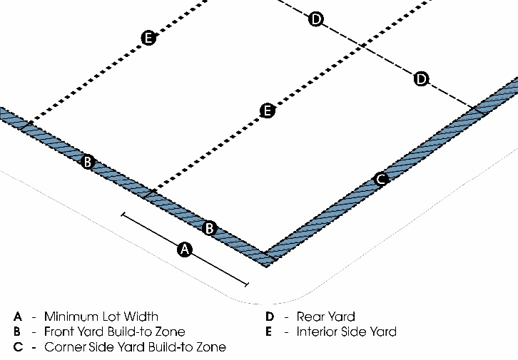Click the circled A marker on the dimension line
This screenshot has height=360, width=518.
click(185, 249)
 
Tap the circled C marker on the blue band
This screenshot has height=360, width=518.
click(381, 178)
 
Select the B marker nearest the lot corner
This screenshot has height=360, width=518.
click(210, 228)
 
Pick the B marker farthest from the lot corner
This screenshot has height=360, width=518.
click(87, 162)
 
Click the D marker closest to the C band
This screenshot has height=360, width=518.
click(422, 78)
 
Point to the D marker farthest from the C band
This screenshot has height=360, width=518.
click(316, 19)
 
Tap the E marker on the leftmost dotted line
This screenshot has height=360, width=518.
click(148, 38)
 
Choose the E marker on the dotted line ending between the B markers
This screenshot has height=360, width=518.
click(267, 110)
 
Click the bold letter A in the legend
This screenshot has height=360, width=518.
click(18, 316)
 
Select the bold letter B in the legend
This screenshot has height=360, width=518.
click(18, 331)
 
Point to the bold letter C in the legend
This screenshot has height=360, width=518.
click(18, 347)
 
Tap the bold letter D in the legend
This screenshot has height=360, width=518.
click(270, 316)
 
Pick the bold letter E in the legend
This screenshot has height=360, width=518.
click(269, 331)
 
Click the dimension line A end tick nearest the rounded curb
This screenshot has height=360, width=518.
click(247, 285)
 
